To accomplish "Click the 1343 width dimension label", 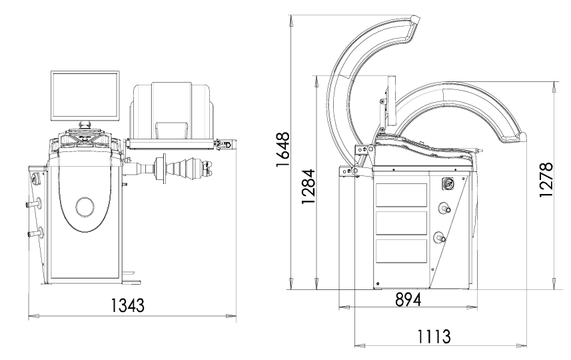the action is pos(127,305).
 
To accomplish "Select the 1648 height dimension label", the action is pos(283,149).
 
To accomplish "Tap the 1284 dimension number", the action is pos(308,186).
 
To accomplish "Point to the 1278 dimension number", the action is pos(546,180).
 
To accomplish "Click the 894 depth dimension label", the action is pos(408,299).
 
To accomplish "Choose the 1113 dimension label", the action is pos(433,336).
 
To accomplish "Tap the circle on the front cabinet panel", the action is pos(85,207).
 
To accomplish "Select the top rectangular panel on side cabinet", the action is pos(401,195).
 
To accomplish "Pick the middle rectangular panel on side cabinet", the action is pos(401,223).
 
